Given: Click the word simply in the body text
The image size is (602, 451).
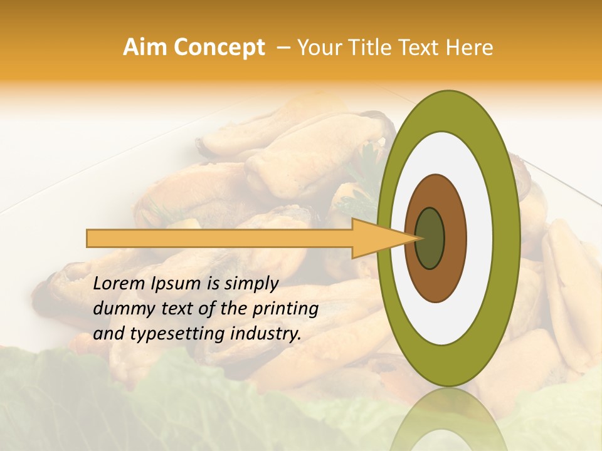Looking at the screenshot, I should [247, 284].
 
